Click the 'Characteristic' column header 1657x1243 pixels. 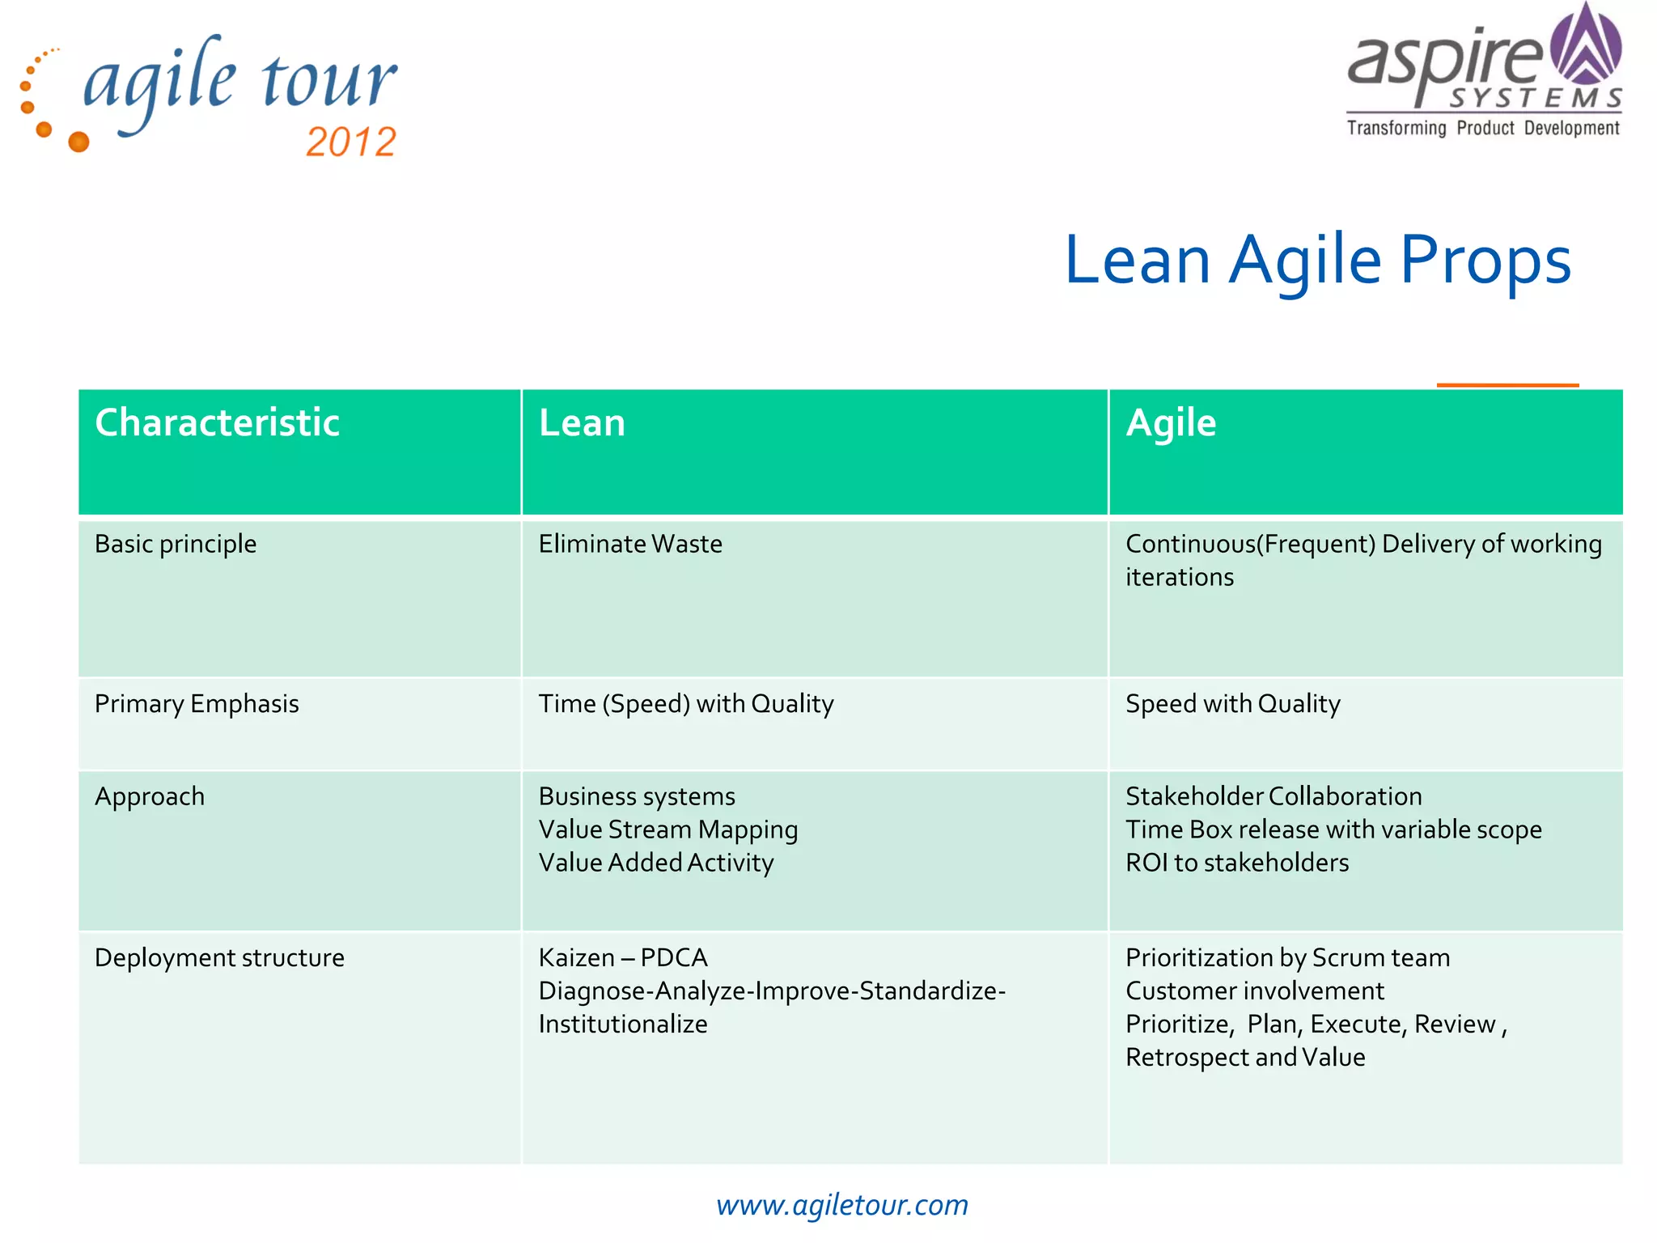pyautogui.click(x=217, y=423)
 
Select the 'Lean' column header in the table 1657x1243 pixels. pyautogui.click(x=582, y=423)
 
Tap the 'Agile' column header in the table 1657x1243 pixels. pyautogui.click(x=1171, y=423)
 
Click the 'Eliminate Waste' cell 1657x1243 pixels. pyautogui.click(x=630, y=544)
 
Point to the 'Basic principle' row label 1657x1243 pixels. pyautogui.click(x=176, y=544)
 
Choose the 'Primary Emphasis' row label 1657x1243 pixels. pyautogui.click(x=197, y=704)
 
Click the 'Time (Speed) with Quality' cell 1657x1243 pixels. pyautogui.click(x=686, y=704)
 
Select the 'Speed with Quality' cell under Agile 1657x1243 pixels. pyautogui.click(x=1232, y=704)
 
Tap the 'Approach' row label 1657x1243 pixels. pyautogui.click(x=150, y=797)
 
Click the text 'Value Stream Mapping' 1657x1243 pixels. pyautogui.click(x=668, y=830)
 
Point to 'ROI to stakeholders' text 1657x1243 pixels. pyautogui.click(x=1237, y=863)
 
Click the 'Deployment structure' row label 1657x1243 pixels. pyautogui.click(x=219, y=958)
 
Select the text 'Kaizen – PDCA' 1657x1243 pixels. pyautogui.click(x=623, y=958)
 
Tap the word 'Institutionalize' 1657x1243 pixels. pyautogui.click(x=623, y=1025)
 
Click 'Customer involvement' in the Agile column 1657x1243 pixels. pyautogui.click(x=1255, y=991)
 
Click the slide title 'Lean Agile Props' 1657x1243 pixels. pyautogui.click(x=1317, y=261)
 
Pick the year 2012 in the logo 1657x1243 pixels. pyautogui.click(x=351, y=142)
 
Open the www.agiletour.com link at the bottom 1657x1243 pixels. pyautogui.click(x=841, y=1205)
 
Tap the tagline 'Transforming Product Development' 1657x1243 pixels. pyautogui.click(x=1483, y=129)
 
